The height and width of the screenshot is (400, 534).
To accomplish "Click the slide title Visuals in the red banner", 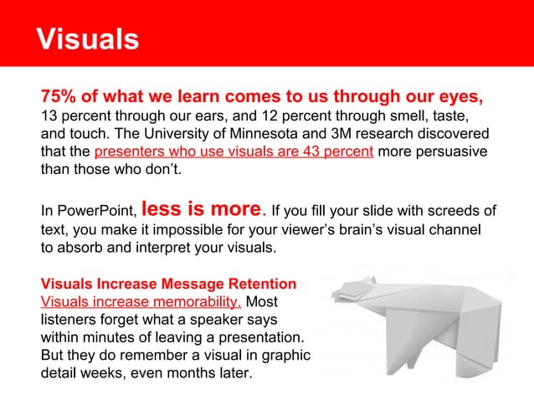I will tap(87, 39).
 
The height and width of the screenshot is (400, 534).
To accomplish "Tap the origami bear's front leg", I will tap(399, 351).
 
